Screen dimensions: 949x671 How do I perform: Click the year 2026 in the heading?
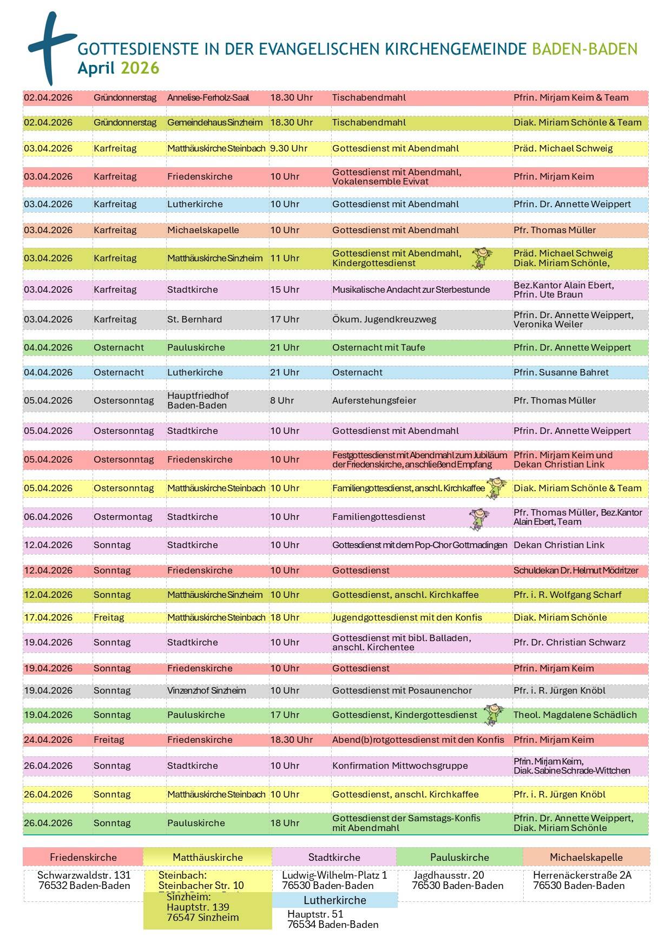[140, 68]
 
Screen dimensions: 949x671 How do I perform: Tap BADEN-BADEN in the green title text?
[584, 49]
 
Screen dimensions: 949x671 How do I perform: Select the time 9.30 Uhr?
[289, 148]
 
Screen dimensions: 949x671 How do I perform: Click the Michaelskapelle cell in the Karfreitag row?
[203, 230]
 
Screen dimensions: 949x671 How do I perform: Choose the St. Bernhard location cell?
[194, 319]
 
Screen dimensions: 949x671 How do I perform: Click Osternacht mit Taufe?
[379, 347]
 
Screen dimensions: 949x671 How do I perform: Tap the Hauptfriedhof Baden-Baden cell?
[198, 400]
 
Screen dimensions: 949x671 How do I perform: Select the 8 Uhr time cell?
[282, 400]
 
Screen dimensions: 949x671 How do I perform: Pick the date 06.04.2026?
[48, 517]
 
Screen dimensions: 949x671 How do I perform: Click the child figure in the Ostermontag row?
[479, 518]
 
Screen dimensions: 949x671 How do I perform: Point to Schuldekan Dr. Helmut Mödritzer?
[576, 570]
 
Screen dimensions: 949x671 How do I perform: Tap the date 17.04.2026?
[48, 617]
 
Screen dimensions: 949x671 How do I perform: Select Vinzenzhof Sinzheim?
[206, 690]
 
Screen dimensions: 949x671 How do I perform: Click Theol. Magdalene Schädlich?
[575, 715]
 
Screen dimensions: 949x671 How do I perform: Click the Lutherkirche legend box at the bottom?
[335, 900]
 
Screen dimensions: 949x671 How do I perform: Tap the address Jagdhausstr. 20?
[449, 875]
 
